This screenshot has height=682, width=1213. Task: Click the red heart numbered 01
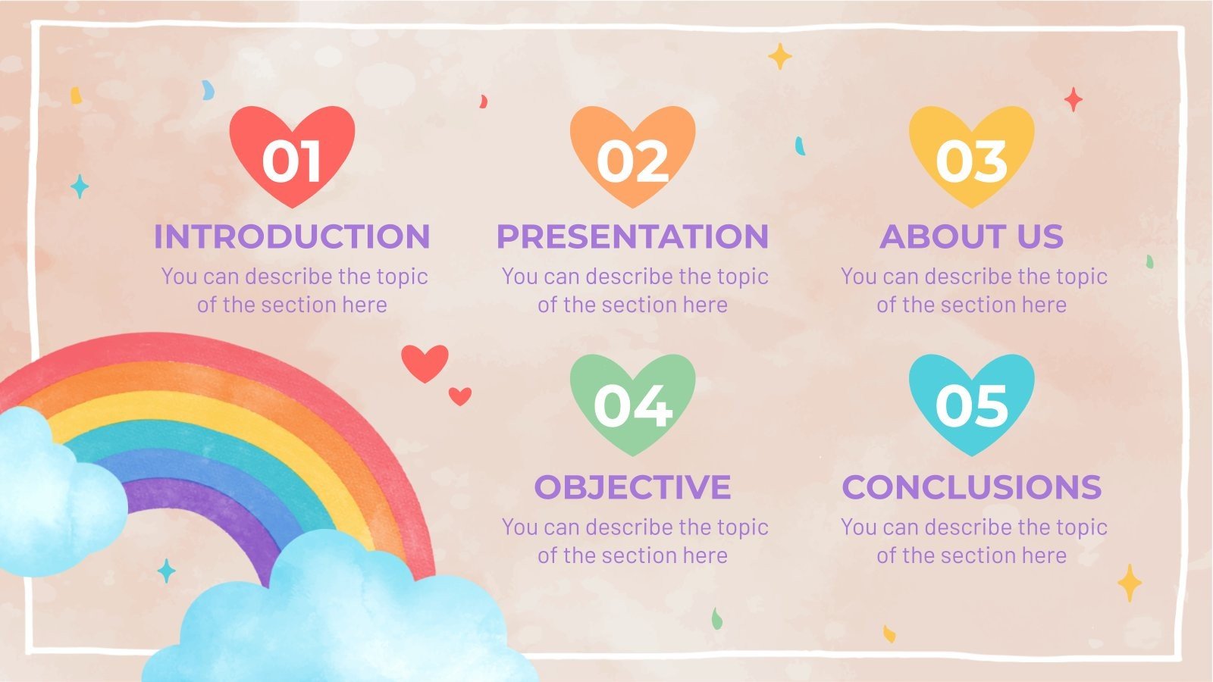pos(292,155)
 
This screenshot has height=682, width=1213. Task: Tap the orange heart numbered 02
pos(632,155)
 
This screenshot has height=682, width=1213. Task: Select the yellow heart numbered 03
pos(971,155)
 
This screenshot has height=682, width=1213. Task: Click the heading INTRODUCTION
pos(292,236)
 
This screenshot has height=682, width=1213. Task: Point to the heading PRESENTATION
pos(632,236)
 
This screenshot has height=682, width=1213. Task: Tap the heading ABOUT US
pos(971,236)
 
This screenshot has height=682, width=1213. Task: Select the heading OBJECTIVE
pos(632,486)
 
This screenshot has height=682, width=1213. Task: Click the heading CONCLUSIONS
pos(971,486)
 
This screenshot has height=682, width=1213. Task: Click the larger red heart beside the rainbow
pos(425,362)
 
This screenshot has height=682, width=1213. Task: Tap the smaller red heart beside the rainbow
pos(459,396)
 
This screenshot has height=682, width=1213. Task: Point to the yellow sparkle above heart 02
pos(779,56)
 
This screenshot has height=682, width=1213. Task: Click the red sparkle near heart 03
pos(1073,99)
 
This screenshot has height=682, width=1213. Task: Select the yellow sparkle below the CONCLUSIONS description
pos(1129,583)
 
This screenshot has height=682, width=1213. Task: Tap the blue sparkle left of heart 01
pos(79,186)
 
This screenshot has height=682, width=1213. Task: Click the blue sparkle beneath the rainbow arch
pos(165,571)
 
